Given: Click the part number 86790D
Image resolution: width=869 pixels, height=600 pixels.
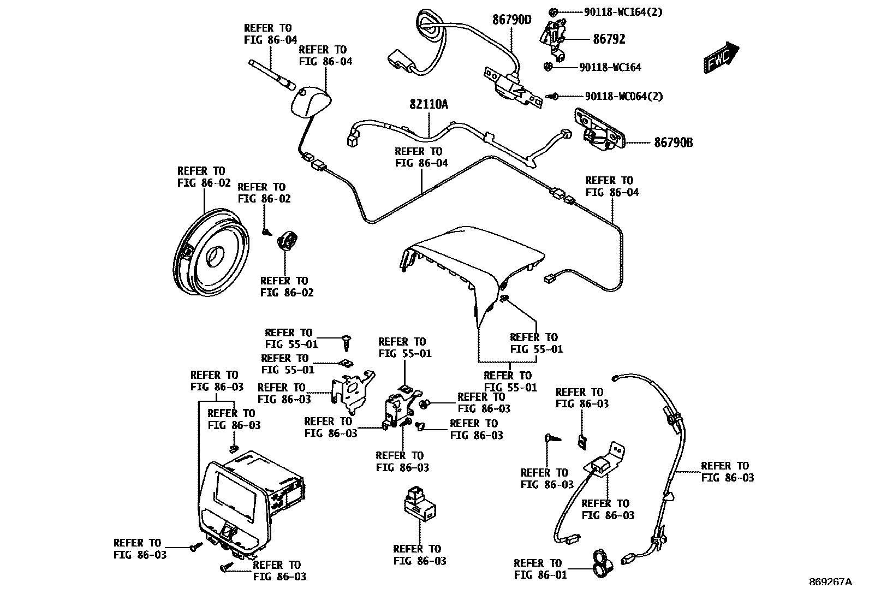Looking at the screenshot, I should [x=511, y=20].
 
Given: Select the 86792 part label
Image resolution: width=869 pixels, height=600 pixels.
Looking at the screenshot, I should [x=609, y=39].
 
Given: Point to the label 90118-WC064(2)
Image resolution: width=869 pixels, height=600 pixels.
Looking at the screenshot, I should [x=624, y=96].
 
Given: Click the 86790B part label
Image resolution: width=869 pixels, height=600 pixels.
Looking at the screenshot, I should [x=674, y=143].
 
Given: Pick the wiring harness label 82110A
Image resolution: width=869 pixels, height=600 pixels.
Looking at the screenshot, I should [x=428, y=104].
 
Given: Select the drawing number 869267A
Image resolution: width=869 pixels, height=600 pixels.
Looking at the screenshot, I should [x=830, y=582].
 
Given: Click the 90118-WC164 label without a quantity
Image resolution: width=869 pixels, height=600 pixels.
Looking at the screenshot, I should [x=610, y=68].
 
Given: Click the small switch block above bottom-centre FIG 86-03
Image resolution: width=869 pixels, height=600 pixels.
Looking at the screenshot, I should [x=419, y=502].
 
